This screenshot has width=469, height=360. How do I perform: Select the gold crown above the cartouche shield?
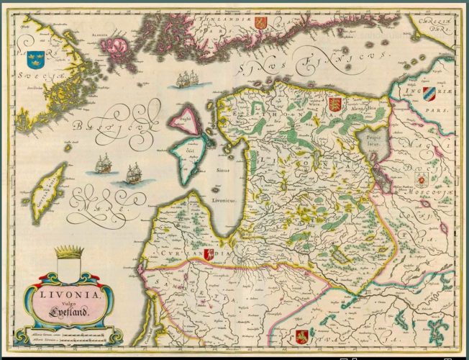(x=68, y=252)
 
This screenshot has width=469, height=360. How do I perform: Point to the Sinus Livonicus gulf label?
(x=224, y=183)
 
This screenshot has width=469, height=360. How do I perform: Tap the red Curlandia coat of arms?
(x=209, y=255)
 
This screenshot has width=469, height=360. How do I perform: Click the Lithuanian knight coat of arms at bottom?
(x=302, y=336)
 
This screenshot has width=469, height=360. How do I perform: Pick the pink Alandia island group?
(x=118, y=49)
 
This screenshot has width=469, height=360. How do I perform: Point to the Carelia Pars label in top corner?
(x=432, y=24)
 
